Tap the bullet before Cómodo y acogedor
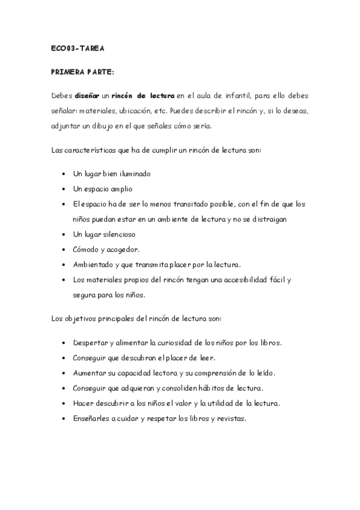(x=64, y=248)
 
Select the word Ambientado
(x=94, y=263)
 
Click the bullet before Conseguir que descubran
(x=64, y=358)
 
